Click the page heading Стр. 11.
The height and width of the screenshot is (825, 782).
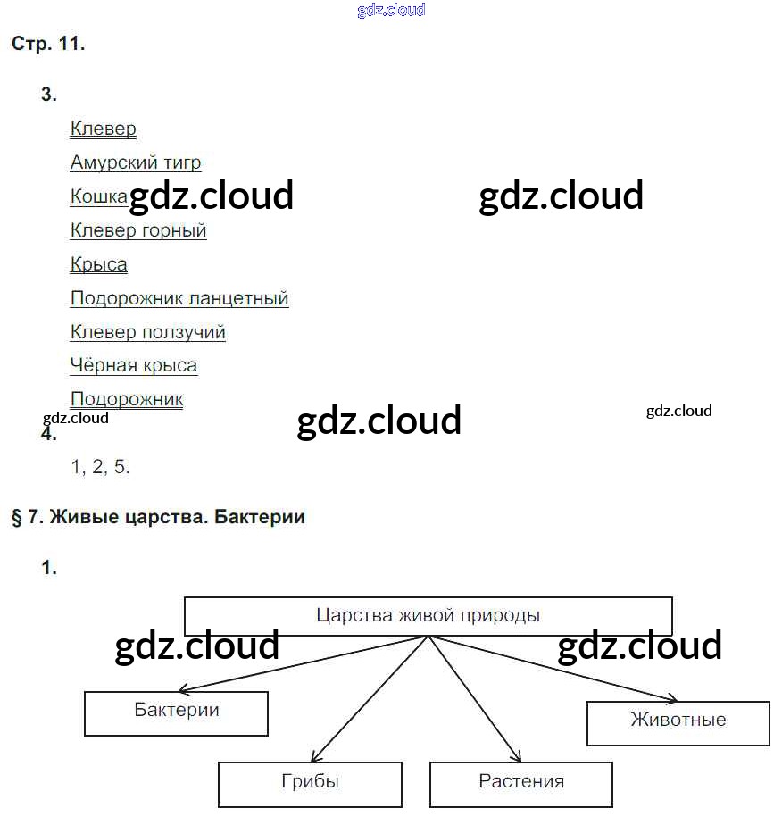pos(48,45)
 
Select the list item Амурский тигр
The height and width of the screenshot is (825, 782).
pos(136,162)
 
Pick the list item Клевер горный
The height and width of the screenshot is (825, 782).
pos(138,230)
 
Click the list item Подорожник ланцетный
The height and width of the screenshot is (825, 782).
pos(179,298)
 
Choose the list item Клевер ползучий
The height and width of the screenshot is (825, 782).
pos(148,332)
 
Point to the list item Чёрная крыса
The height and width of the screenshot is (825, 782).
pos(134,365)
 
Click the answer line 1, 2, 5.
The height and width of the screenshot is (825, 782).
pos(100,467)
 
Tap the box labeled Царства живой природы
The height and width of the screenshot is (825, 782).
pos(428,616)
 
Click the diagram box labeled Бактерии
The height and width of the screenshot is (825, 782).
pos(177,712)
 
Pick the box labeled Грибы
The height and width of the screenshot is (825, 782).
pos(310,783)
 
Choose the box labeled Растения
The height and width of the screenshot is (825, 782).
pos(521,783)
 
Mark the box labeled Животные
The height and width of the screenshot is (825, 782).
pos(678,721)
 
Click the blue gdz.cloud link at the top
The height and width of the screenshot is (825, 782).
pos(391,11)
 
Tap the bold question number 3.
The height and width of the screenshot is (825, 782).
pos(49,95)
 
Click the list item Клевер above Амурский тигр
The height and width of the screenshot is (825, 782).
pos(104,129)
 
